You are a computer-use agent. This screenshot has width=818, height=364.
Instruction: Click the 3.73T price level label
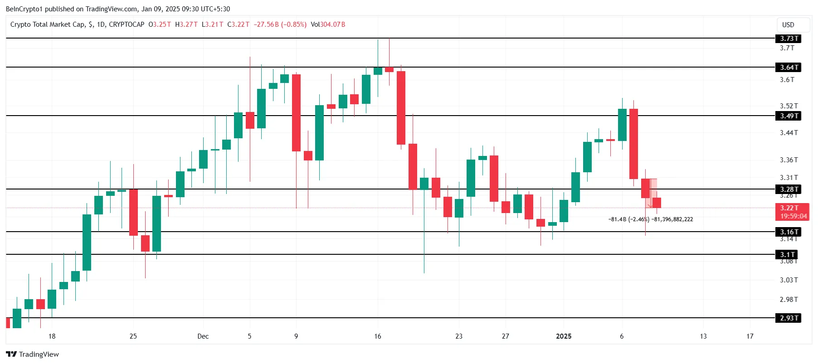click(788, 39)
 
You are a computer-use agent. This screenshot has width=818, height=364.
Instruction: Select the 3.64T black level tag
click(788, 68)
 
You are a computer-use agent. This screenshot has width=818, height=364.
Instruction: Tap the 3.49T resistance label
click(788, 116)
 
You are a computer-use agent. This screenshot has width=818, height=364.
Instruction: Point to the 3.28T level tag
click(788, 189)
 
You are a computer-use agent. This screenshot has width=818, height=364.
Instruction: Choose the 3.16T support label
click(788, 232)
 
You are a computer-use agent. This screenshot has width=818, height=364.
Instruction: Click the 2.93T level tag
click(788, 318)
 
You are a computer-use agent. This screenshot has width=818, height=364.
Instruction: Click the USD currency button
click(788, 25)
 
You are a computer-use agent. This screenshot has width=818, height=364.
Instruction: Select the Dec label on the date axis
click(203, 336)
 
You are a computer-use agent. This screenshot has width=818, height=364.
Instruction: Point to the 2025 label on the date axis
click(564, 336)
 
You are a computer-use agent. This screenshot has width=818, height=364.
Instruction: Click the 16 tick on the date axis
click(378, 336)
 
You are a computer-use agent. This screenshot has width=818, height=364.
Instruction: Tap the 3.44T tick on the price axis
click(788, 133)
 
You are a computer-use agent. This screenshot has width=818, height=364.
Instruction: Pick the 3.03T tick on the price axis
click(788, 280)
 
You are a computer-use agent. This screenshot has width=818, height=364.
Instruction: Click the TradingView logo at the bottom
click(33, 354)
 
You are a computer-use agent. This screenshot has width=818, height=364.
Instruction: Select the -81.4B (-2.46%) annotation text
click(628, 219)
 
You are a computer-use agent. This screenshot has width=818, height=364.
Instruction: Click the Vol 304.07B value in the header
click(328, 24)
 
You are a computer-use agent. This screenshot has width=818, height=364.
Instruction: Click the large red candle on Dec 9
click(296, 113)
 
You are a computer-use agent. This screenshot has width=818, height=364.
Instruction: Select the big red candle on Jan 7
click(633, 144)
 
